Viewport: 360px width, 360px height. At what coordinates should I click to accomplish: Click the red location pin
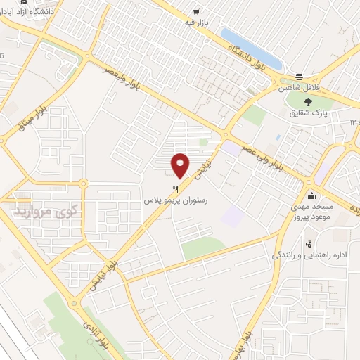pyautogui.click(x=181, y=165)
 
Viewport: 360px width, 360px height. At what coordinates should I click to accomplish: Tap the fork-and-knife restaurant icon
pyautogui.click(x=176, y=188)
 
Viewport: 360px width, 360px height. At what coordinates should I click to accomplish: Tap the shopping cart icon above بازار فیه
pyautogui.click(x=196, y=12)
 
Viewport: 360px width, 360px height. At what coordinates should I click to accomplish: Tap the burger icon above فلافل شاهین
pyautogui.click(x=299, y=77)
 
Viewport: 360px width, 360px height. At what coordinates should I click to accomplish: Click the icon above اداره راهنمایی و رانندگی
pyautogui.click(x=309, y=245)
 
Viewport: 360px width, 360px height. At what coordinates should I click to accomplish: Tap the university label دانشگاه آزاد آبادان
pyautogui.click(x=32, y=11)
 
